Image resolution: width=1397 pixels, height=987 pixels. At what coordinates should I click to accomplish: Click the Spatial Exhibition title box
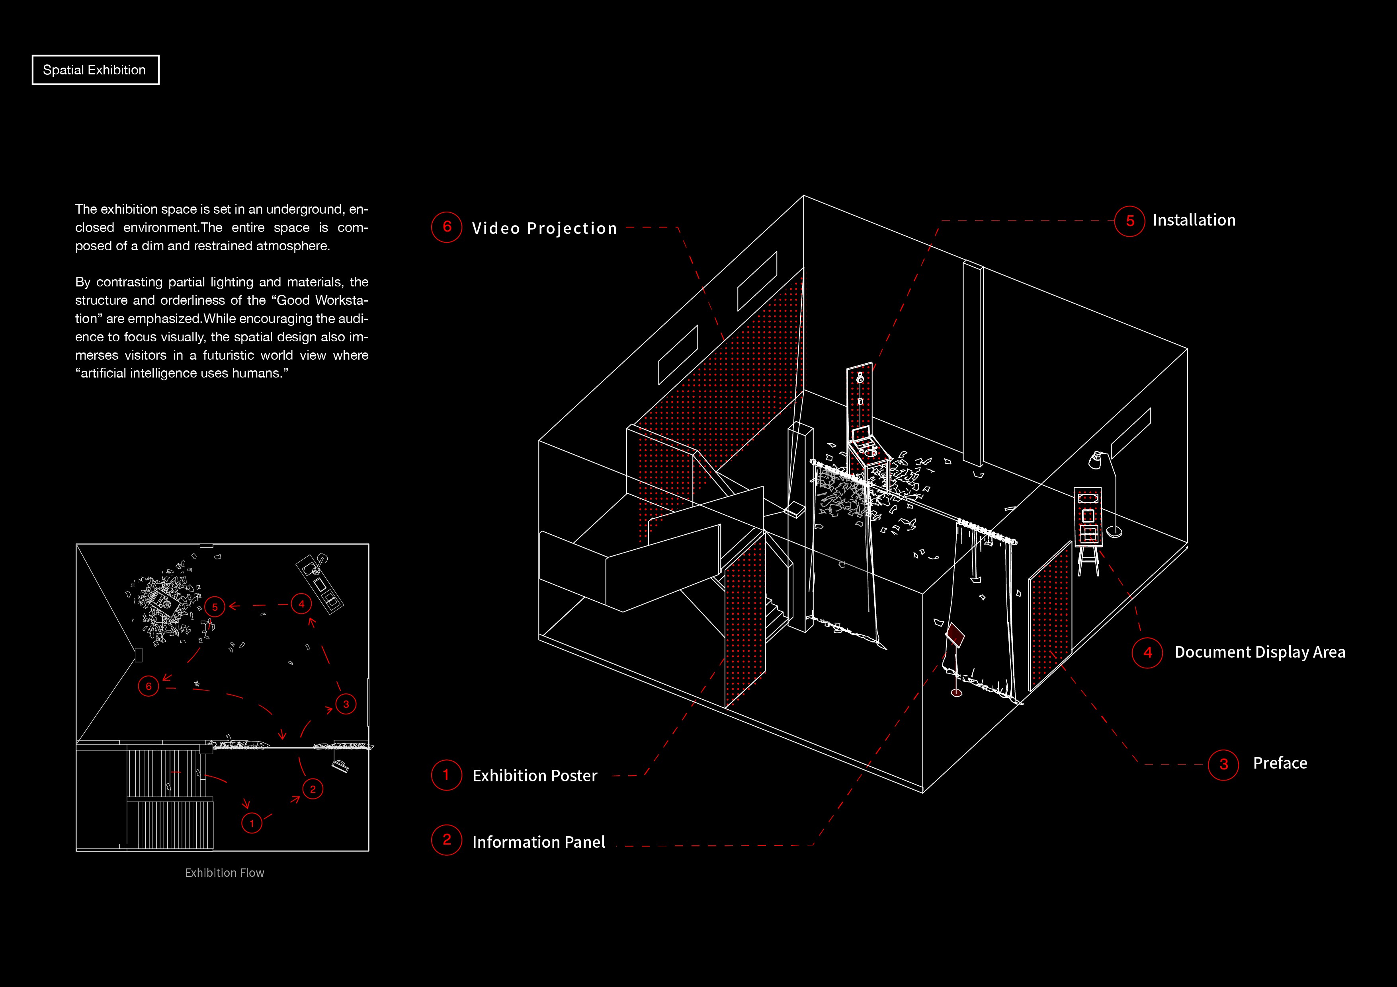95,70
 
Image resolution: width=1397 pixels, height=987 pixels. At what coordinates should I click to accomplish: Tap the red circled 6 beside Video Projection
447,227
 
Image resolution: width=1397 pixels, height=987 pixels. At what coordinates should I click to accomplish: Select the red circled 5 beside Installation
1130,221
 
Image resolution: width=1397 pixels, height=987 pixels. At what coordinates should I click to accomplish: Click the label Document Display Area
1260,652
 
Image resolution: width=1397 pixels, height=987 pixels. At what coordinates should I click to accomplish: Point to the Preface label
1280,763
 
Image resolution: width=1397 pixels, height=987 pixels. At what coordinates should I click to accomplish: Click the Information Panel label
539,842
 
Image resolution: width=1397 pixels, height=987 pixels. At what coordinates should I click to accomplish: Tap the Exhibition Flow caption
225,873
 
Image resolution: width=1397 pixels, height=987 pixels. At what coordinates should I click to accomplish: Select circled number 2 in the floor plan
313,789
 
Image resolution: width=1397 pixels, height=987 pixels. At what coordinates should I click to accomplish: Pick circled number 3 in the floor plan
346,704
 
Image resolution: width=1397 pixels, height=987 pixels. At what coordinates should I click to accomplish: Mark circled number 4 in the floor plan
301,604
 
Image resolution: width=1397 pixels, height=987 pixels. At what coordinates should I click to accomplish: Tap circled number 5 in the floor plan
215,607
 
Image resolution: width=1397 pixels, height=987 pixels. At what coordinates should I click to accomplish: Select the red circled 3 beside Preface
1223,765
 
